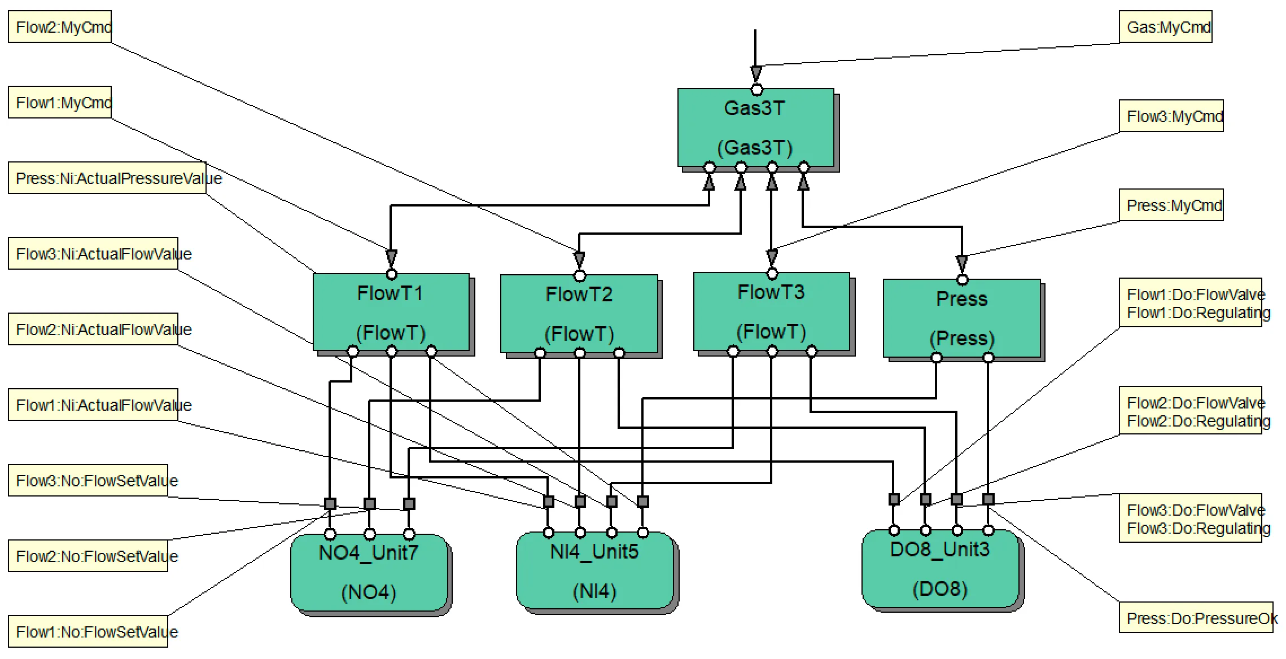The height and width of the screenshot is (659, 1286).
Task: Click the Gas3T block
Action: coord(755,128)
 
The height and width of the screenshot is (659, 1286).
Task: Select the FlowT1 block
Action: coord(391,313)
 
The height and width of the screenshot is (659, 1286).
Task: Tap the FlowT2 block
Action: coord(579,314)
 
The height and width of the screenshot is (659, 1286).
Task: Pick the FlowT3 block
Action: coord(771,312)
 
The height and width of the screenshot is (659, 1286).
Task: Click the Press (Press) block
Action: coord(961,318)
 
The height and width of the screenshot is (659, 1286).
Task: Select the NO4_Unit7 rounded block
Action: coord(369,573)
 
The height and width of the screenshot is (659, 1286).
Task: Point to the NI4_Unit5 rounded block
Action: coord(595,571)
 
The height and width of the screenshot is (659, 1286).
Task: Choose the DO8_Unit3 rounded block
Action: coord(941,569)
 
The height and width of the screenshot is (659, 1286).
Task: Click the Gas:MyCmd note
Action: coord(1165,27)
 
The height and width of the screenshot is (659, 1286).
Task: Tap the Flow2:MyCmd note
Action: coord(60,27)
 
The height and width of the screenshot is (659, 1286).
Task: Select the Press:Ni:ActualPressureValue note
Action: coord(107,178)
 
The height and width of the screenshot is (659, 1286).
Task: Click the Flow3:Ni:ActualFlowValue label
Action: coord(93,254)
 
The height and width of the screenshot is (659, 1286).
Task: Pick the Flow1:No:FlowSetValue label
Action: coord(88,631)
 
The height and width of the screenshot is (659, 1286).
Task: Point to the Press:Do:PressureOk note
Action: coord(1196,618)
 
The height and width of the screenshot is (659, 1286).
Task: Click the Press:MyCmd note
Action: coord(1171,205)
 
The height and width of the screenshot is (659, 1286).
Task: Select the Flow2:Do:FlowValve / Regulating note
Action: coord(1190,411)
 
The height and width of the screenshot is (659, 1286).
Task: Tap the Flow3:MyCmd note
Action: coord(1171,116)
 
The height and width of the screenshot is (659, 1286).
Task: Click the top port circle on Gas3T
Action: coord(757,90)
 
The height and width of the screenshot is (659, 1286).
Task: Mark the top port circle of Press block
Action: coord(963,280)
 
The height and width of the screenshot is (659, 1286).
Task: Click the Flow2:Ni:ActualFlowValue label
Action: coord(93,329)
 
